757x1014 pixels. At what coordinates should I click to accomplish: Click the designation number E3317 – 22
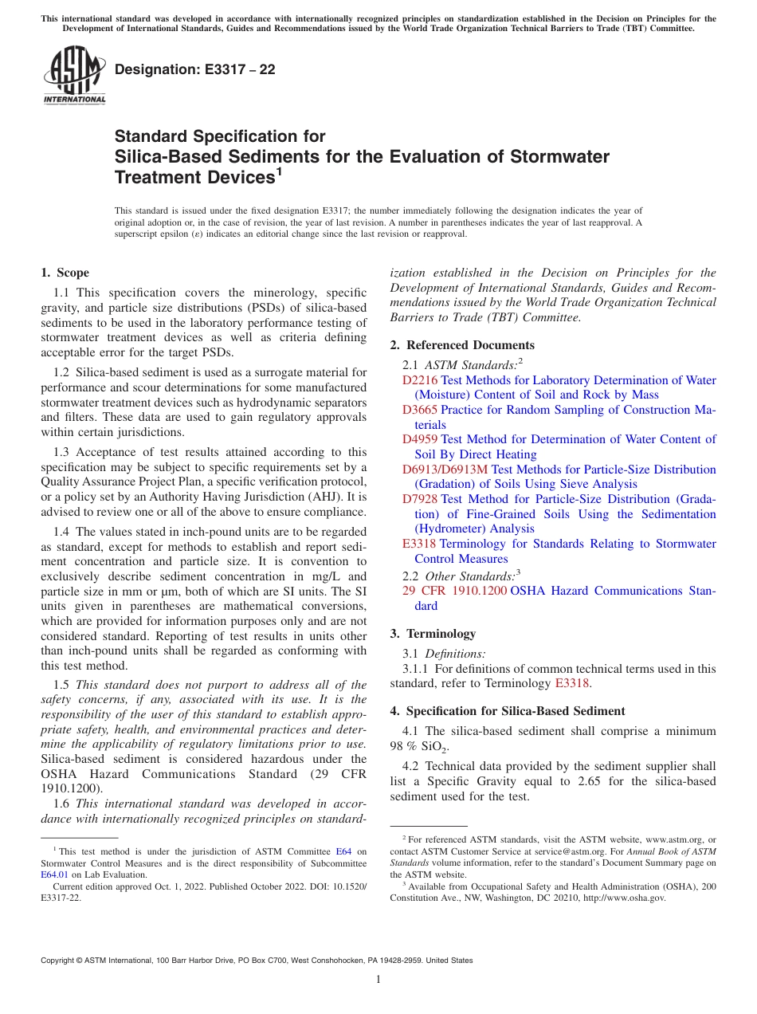[195, 70]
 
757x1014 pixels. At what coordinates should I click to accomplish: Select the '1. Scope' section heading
[65, 273]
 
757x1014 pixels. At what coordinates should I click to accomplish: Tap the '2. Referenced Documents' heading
[462, 345]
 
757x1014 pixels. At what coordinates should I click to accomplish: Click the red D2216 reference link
[420, 380]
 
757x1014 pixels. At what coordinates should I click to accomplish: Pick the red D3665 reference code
[420, 410]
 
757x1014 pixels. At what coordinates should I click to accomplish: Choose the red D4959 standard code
[420, 439]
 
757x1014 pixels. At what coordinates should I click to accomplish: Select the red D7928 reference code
[420, 499]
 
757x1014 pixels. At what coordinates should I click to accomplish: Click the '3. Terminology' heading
[433, 634]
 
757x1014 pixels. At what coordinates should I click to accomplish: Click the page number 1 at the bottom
[378, 980]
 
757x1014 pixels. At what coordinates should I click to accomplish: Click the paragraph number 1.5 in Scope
[61, 685]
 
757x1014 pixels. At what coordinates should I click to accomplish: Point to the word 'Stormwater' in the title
[559, 156]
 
